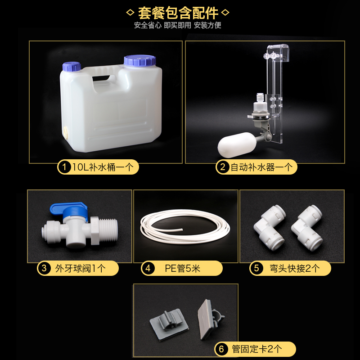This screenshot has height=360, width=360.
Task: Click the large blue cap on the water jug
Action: point(140,60)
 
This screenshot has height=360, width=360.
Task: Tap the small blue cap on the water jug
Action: point(72,66)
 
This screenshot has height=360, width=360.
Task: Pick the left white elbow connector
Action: point(270,228)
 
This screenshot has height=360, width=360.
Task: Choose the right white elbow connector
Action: point(307,228)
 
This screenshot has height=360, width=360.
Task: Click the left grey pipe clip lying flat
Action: point(169,323)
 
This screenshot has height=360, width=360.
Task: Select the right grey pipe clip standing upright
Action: point(210,319)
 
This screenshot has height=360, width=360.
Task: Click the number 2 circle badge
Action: point(222,167)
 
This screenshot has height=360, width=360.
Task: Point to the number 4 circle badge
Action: point(148,268)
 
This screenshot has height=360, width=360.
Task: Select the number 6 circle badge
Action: point(221,349)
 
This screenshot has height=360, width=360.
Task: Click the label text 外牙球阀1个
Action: point(81,268)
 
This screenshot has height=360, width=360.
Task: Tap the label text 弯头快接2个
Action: point(295,268)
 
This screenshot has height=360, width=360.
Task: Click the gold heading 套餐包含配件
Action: point(178,13)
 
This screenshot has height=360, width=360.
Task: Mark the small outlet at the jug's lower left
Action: point(66,133)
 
